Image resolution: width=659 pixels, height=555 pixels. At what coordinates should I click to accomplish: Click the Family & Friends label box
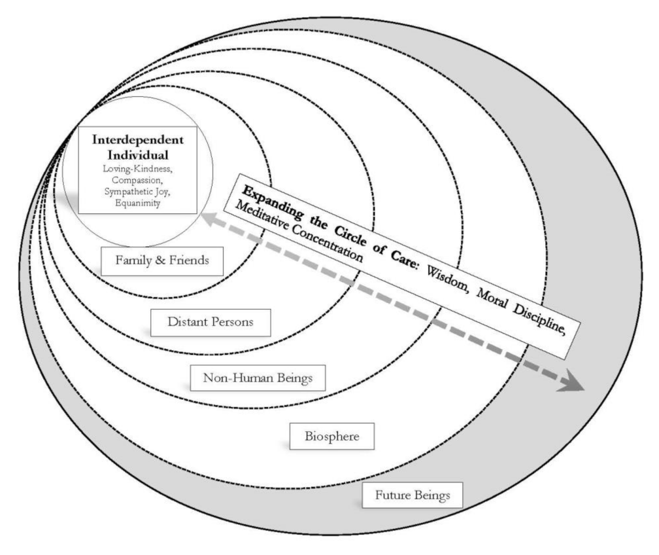pyautogui.click(x=163, y=260)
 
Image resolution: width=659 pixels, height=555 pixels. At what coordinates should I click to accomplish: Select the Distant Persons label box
pyautogui.click(x=201, y=321)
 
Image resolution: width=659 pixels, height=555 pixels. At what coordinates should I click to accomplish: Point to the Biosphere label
pyautogui.click(x=331, y=436)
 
